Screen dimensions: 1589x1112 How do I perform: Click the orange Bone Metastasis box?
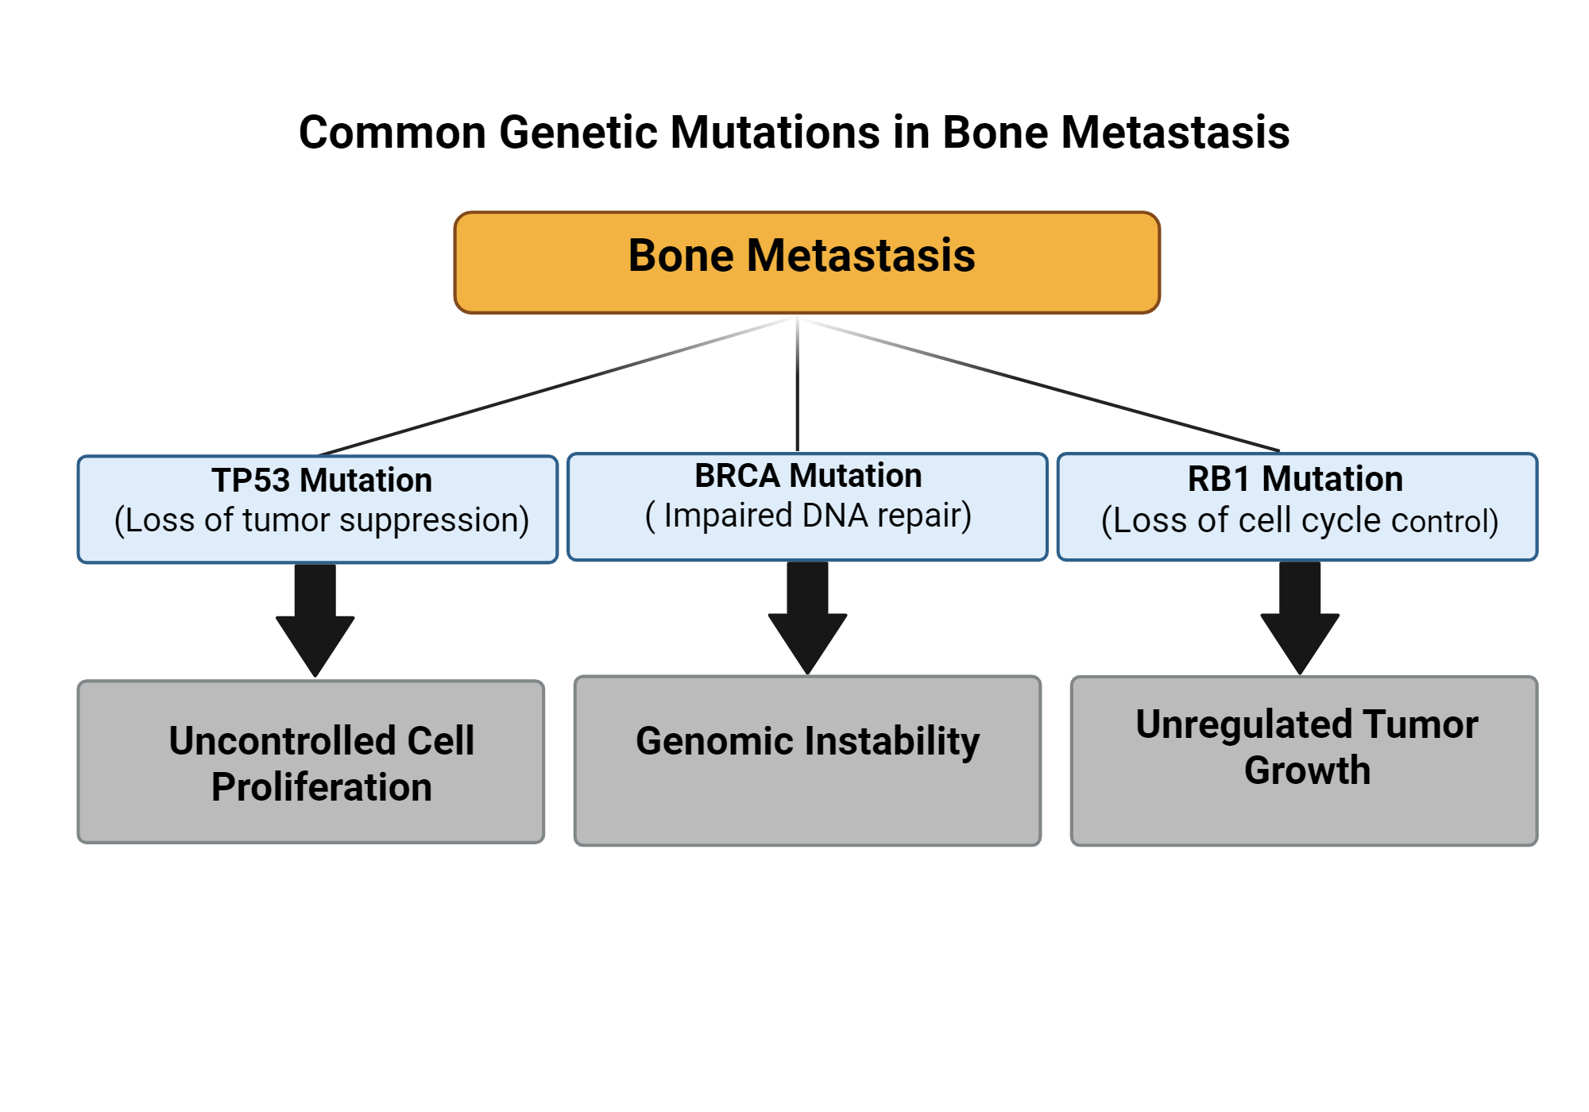(x=806, y=262)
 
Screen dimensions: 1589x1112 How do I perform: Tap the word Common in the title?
(x=392, y=133)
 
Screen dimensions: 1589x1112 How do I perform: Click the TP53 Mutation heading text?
(x=322, y=481)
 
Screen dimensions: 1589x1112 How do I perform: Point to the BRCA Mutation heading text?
(x=808, y=476)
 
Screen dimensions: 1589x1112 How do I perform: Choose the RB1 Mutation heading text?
(x=1295, y=479)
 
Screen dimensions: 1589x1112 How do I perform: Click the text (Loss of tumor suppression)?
(x=322, y=520)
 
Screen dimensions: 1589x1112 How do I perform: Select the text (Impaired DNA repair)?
(x=808, y=515)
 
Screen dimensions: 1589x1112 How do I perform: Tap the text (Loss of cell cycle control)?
(x=1300, y=521)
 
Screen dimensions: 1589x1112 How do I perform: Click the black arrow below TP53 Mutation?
(x=315, y=620)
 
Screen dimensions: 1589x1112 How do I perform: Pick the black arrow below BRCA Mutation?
(x=807, y=617)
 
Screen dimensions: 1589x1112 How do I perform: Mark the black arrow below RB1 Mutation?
(x=1300, y=617)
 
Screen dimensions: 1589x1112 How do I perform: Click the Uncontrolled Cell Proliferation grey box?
(x=311, y=762)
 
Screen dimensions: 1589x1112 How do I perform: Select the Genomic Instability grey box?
(x=807, y=761)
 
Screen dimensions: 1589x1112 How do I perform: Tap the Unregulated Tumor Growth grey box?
(x=1304, y=761)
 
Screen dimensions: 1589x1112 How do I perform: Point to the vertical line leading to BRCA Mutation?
(x=797, y=384)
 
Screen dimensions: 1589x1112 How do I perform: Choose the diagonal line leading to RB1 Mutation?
(x=1039, y=384)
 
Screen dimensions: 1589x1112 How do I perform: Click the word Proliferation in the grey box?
(x=322, y=787)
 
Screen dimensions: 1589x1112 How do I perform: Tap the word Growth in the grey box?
(x=1308, y=770)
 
